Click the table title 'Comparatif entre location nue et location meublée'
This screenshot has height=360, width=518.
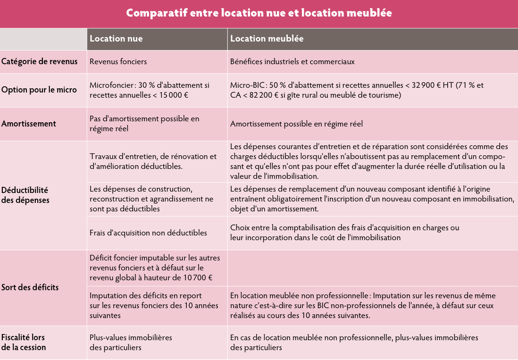click(259, 13)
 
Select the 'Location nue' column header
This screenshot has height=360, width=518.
click(116, 39)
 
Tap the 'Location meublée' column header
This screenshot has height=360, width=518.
click(267, 39)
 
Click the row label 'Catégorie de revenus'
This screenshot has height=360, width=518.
click(39, 61)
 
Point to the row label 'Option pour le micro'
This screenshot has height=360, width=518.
click(39, 90)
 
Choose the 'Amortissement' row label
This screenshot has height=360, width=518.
click(29, 124)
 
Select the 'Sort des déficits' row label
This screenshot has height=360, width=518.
click(30, 287)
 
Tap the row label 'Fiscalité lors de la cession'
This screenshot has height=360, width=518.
click(24, 343)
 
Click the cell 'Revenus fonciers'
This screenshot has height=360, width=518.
click(118, 61)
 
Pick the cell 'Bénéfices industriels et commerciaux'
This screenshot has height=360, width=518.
click(292, 61)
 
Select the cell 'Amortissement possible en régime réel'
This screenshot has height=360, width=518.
click(296, 124)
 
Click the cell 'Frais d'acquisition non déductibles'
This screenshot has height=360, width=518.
click(148, 233)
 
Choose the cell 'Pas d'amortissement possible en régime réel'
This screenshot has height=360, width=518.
click(144, 124)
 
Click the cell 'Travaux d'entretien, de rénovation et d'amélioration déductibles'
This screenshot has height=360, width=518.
click(153, 161)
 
